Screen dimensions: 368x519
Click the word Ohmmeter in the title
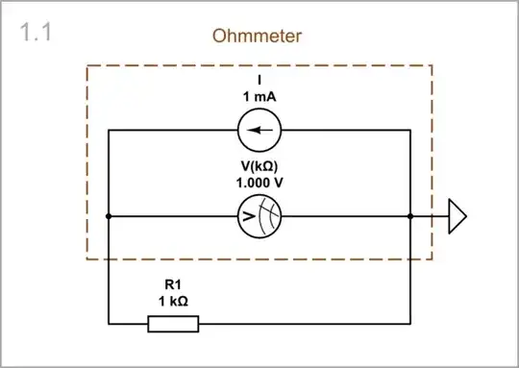click(x=259, y=37)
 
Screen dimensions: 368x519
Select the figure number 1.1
click(x=36, y=32)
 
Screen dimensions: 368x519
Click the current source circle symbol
click(x=259, y=131)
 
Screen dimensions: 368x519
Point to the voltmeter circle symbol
click(x=259, y=217)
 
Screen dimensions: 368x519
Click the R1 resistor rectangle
click(x=173, y=324)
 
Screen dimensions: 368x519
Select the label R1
click(x=173, y=283)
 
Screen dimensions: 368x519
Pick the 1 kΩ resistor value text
click(x=173, y=301)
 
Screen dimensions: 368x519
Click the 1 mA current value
click(x=259, y=96)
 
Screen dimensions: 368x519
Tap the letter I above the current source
click(x=259, y=80)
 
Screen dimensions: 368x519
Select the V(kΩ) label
click(x=259, y=165)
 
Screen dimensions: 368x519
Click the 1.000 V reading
click(x=259, y=182)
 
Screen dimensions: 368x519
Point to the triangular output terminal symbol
click(x=457, y=217)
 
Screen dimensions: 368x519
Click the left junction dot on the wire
click(x=108, y=217)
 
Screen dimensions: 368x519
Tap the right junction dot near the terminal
click(x=410, y=217)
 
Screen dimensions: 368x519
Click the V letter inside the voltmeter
click(x=249, y=217)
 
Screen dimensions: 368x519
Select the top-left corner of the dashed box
click(x=87, y=65)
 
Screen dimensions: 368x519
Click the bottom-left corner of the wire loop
click(x=108, y=324)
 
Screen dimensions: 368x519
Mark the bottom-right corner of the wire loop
click(x=410, y=324)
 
